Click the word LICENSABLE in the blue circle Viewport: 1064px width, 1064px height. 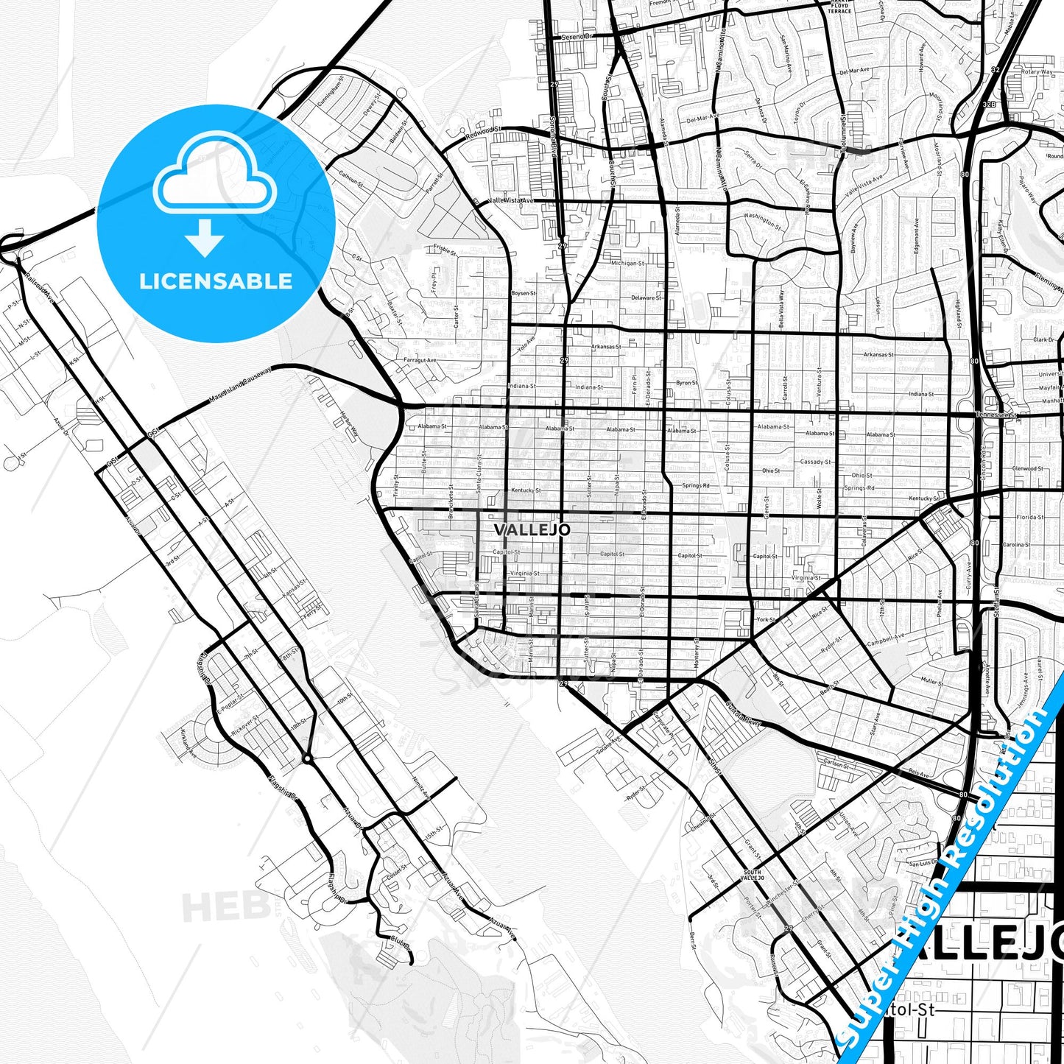216,281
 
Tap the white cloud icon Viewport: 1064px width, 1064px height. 214,180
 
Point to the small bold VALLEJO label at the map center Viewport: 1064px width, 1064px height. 532,530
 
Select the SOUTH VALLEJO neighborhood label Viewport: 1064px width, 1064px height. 752,875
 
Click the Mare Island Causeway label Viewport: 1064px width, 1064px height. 240,385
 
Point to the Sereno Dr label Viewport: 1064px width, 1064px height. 577,37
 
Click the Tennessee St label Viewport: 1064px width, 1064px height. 996,415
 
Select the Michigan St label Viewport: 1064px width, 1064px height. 627,263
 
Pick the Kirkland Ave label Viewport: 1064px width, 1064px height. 189,744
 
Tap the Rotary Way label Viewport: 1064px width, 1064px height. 1037,72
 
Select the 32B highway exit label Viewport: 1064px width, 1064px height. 990,105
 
